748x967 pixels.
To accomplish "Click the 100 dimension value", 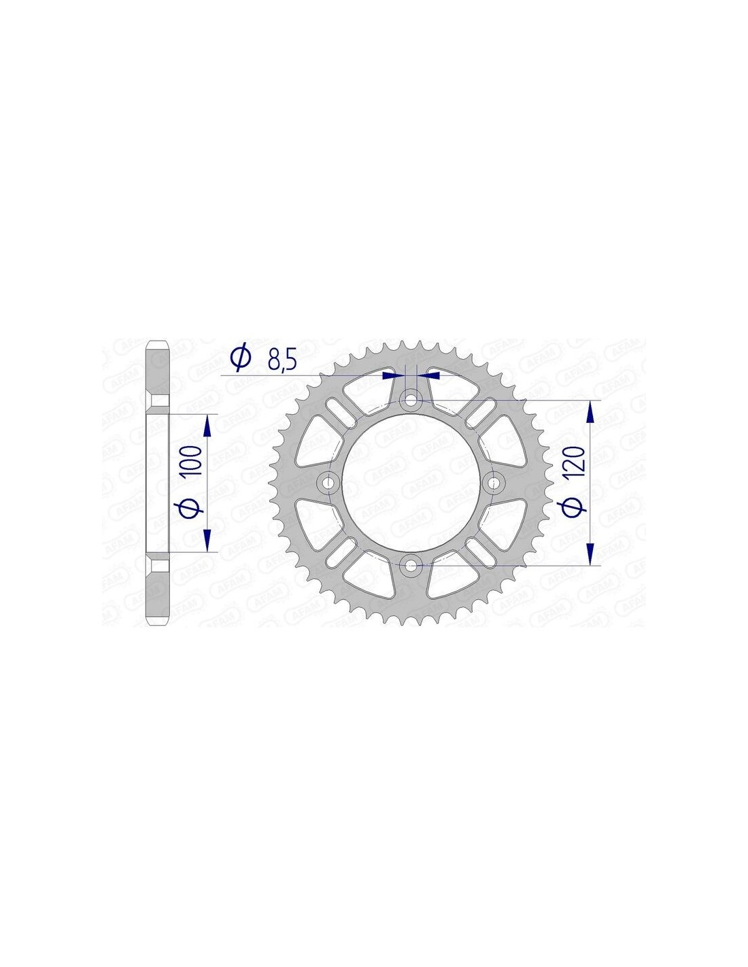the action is (x=194, y=460).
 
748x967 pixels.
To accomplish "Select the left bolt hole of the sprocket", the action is (x=328, y=482).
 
